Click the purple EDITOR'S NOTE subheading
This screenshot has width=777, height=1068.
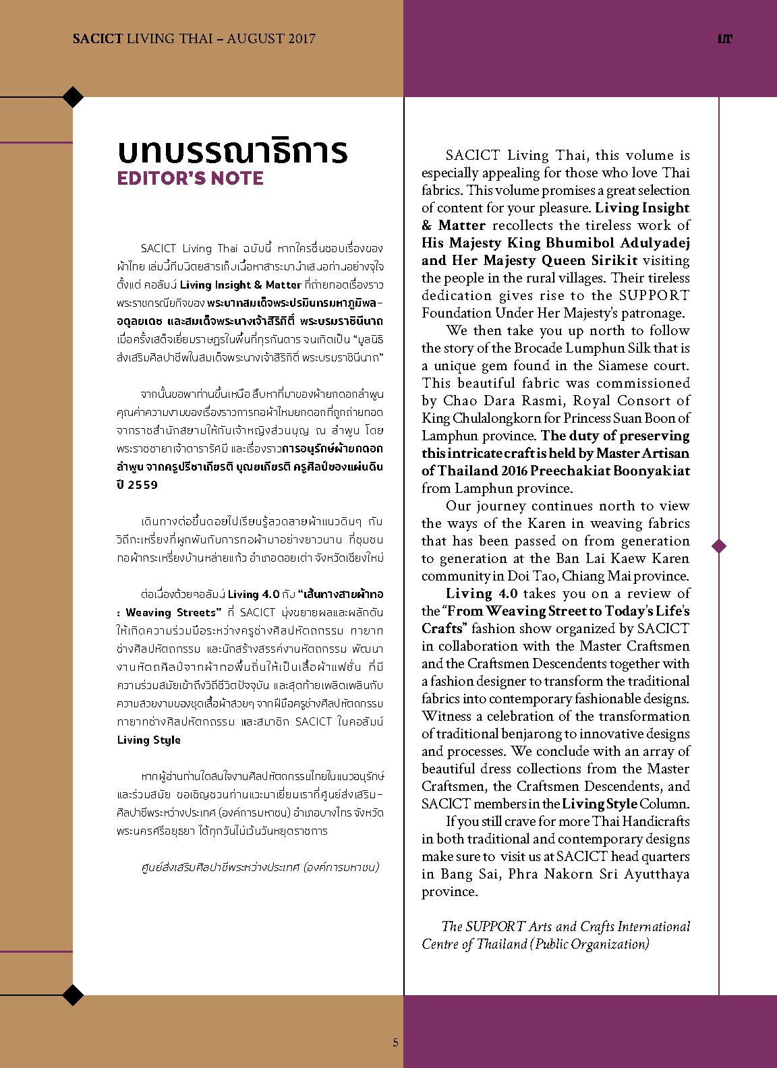point(190,179)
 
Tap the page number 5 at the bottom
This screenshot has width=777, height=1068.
point(396,1042)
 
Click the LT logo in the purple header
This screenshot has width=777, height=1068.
point(725,39)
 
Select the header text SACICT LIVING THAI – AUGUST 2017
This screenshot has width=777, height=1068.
point(194,39)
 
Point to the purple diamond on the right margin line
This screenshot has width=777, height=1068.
point(719,545)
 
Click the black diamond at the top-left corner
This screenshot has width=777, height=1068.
point(73,97)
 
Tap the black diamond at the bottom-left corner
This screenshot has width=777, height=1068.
point(73,994)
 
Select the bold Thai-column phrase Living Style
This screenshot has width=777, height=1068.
point(149,740)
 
